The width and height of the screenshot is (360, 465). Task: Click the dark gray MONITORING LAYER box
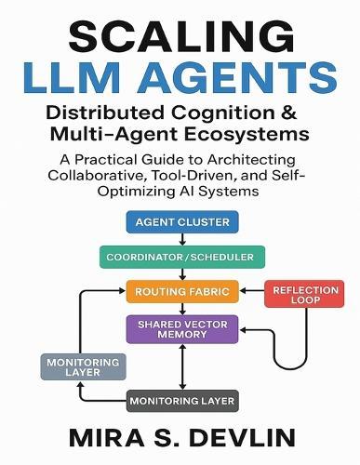tap(182, 401)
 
